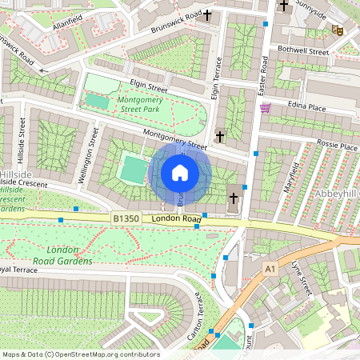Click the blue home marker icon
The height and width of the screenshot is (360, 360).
(x=180, y=172)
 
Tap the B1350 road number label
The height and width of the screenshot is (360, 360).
(x=126, y=218)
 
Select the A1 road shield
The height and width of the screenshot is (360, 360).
(x=270, y=268)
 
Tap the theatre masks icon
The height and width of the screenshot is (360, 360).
(x=338, y=30)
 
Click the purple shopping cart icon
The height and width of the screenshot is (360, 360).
(x=266, y=108)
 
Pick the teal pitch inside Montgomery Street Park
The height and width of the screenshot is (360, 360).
(x=98, y=102)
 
